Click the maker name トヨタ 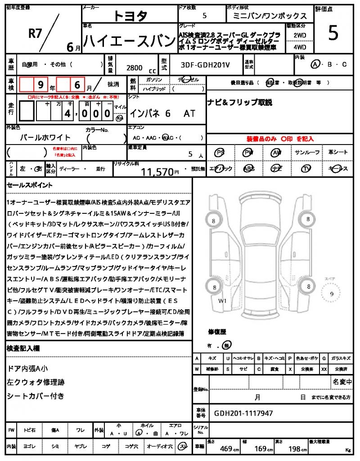pyautogui.click(x=129, y=16)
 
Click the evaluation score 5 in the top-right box pyautogui.click(x=333, y=34)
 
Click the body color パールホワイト pyautogui.click(x=46, y=138)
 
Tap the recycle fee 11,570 pyautogui.click(x=157, y=172)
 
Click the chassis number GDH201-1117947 pyautogui.click(x=243, y=413)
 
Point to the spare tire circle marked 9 pyautogui.click(x=332, y=294)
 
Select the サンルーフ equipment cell pyautogui.click(x=307, y=153)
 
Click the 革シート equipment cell pyautogui.click(x=337, y=153)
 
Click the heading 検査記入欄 pyautogui.click(x=23, y=348)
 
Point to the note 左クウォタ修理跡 pyautogui.click(x=36, y=382)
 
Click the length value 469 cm pyautogui.click(x=229, y=448)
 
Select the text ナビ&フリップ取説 pyautogui.click(x=239, y=103)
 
